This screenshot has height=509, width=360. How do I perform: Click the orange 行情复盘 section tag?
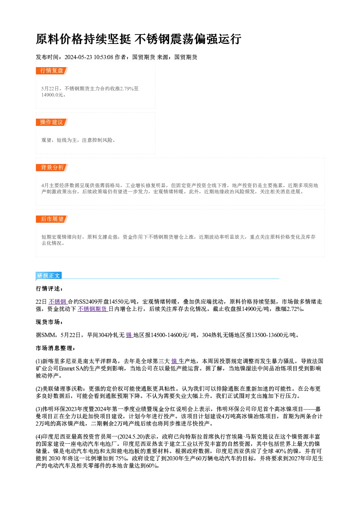52,71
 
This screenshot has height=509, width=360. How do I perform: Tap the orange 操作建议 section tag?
52,122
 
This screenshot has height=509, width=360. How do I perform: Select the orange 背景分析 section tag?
52,168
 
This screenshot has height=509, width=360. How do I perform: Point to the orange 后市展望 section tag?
52,219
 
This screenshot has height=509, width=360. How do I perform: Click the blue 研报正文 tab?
49,276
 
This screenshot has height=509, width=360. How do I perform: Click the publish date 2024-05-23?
78,57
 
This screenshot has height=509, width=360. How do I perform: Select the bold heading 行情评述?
49,289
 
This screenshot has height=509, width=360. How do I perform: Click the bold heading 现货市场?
49,322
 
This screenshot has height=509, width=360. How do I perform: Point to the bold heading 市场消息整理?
55,348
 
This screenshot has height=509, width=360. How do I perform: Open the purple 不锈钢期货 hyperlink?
93,309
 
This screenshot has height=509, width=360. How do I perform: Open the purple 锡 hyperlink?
129,335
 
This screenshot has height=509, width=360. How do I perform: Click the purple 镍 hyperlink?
175,361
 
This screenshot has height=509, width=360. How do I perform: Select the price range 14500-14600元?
169,335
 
